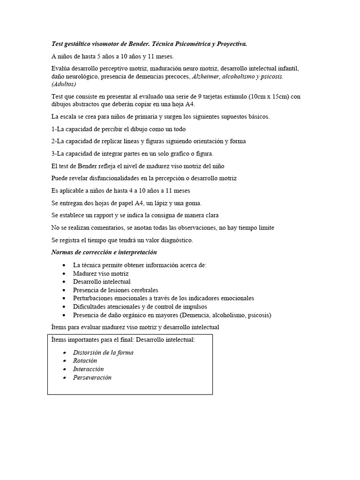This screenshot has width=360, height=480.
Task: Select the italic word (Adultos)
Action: pyautogui.click(x=64, y=84)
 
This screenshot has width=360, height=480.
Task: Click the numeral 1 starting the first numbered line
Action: pyautogui.click(x=53, y=129)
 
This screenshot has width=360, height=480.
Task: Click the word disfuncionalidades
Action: pyautogui.click(x=104, y=178)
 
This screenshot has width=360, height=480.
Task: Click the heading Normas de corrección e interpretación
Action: pyautogui.click(x=104, y=252)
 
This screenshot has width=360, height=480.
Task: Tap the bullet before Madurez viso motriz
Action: pyautogui.click(x=64, y=273)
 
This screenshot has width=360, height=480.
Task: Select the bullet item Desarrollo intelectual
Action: pyautogui.click(x=102, y=282)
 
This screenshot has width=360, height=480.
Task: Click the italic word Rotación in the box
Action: pyautogui.click(x=85, y=360)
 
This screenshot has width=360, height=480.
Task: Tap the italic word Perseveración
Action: pyautogui.click(x=92, y=377)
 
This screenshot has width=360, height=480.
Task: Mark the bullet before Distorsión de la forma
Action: pyautogui.click(x=64, y=352)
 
